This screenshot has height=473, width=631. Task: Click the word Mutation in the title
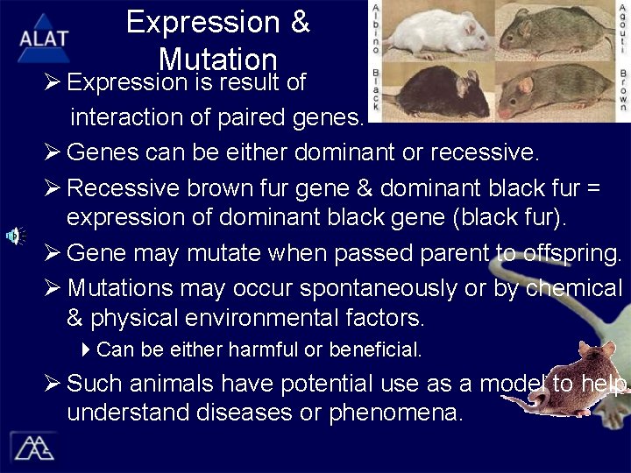(218, 60)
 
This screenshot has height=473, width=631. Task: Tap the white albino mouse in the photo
(435, 32)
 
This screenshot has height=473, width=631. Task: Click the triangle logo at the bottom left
(33, 447)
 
